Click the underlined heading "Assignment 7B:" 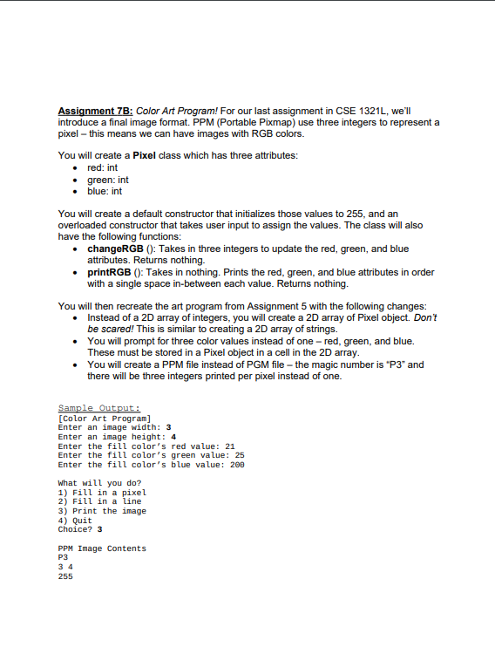[x=95, y=112]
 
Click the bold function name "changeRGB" [x=116, y=249]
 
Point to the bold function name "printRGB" [x=111, y=272]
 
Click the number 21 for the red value [x=230, y=446]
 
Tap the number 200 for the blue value [x=237, y=465]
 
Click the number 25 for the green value [x=240, y=455]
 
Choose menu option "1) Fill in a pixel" [x=101, y=492]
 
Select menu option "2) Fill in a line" [x=98, y=501]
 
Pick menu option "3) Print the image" [x=101, y=511]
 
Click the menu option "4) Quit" [x=75, y=521]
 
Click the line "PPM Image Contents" [x=101, y=548]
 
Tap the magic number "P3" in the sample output [x=63, y=557]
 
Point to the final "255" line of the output [x=65, y=576]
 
